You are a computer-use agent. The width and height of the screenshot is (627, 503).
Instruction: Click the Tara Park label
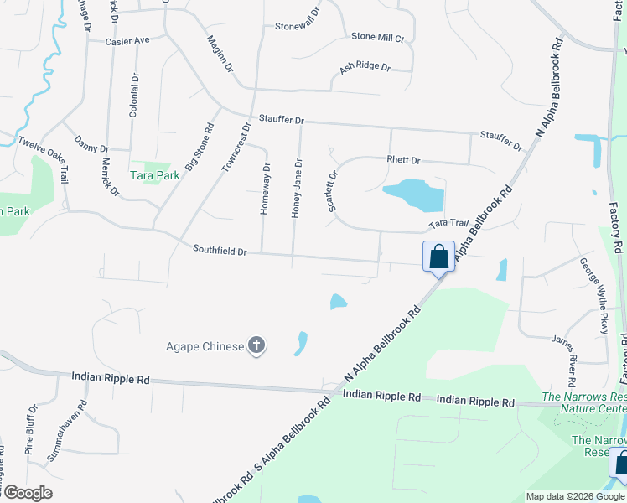(155, 175)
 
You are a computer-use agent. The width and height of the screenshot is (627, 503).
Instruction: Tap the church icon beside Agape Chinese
(256, 346)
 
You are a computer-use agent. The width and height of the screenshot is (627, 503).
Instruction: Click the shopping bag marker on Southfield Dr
(438, 257)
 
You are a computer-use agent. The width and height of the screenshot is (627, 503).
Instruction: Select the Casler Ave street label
(127, 40)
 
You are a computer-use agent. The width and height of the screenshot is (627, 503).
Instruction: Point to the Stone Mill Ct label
(378, 38)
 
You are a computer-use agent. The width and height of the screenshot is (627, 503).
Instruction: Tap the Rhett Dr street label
(403, 160)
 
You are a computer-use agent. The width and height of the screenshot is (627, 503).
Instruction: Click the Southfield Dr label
(220, 250)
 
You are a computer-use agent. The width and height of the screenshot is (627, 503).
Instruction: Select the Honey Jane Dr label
(297, 188)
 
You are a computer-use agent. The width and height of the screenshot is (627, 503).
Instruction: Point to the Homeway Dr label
(266, 189)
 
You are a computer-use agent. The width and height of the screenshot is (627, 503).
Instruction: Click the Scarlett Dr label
(333, 192)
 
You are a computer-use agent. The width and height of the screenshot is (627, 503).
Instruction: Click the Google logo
(27, 493)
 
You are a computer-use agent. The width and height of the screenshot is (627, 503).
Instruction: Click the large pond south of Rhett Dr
(414, 195)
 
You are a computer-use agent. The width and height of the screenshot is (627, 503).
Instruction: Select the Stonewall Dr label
(298, 26)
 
